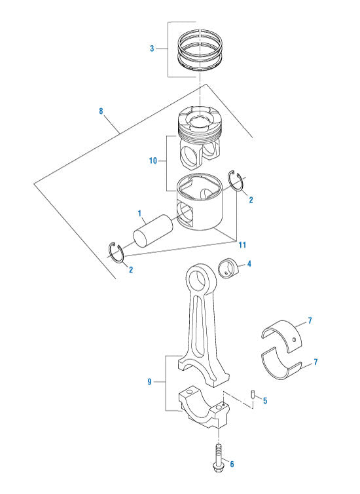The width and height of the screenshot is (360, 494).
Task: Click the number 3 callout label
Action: (152, 48)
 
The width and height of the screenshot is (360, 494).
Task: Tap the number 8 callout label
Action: (101, 111)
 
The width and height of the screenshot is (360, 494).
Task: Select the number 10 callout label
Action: (153, 159)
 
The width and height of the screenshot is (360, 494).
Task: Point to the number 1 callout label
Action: (139, 214)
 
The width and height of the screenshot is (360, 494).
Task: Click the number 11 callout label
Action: (242, 245)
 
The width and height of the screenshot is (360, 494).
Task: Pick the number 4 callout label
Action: (249, 265)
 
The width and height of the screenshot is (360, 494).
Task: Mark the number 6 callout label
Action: (231, 465)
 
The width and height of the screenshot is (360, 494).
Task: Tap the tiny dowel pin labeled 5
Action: (253, 394)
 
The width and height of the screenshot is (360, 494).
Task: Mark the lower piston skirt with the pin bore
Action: (200, 206)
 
